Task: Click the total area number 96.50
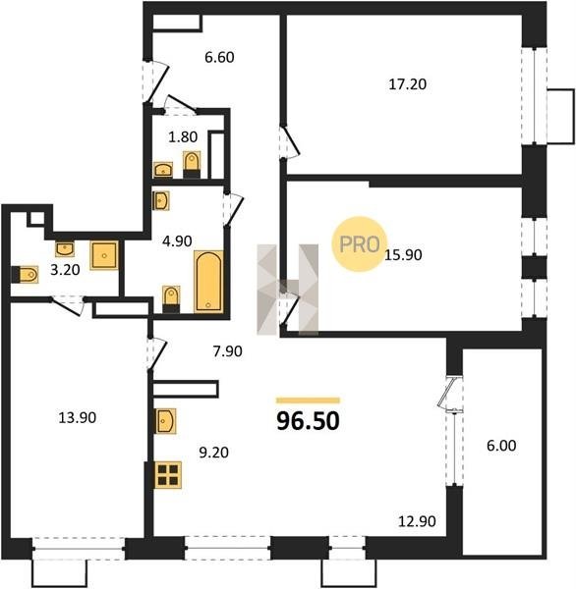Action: tap(308, 421)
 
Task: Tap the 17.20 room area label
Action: tap(408, 84)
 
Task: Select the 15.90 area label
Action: tap(403, 255)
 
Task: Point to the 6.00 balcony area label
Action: tap(501, 446)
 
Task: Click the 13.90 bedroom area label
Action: tap(77, 417)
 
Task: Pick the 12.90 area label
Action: tap(417, 521)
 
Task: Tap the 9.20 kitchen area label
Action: tap(213, 453)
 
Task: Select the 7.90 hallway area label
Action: tap(227, 351)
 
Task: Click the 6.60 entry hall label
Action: tap(219, 57)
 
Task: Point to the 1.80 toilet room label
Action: tap(183, 136)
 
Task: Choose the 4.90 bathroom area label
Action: tap(177, 241)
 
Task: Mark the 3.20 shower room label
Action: tap(65, 270)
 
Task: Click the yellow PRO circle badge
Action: tap(360, 244)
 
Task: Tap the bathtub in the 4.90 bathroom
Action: tap(208, 282)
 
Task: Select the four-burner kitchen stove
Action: tap(168, 475)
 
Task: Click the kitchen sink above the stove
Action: tap(165, 421)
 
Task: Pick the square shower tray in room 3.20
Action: tap(104, 255)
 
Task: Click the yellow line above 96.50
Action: tap(308, 401)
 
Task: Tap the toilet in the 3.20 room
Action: tap(25, 275)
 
